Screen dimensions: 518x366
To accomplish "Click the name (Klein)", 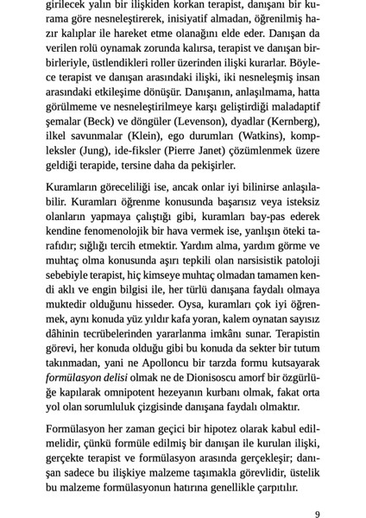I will pos(148,136).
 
